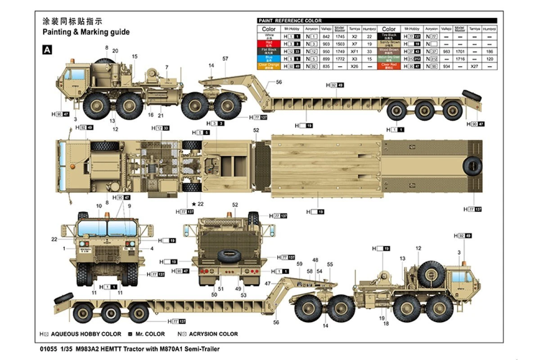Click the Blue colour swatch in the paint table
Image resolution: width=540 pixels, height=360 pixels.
click(x=269, y=58)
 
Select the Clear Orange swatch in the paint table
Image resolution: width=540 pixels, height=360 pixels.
click(x=269, y=66)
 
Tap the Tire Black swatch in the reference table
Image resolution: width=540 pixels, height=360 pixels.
click(x=389, y=36)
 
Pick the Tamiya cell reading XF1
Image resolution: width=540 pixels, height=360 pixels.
click(x=354, y=51)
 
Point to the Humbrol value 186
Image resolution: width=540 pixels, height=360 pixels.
click(x=490, y=51)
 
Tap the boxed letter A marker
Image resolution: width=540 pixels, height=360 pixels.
click(x=47, y=50)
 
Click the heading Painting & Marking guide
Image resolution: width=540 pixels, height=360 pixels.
click(x=86, y=32)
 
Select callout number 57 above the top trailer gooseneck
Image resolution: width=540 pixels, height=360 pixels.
click(x=225, y=58)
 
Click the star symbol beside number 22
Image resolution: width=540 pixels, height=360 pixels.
click(x=193, y=204)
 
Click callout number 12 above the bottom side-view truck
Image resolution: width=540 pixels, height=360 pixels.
click(x=418, y=248)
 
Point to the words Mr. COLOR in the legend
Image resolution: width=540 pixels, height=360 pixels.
click(x=150, y=334)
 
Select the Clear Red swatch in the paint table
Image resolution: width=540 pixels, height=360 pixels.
click(x=389, y=66)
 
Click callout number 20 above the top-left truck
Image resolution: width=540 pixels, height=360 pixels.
click(x=115, y=51)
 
